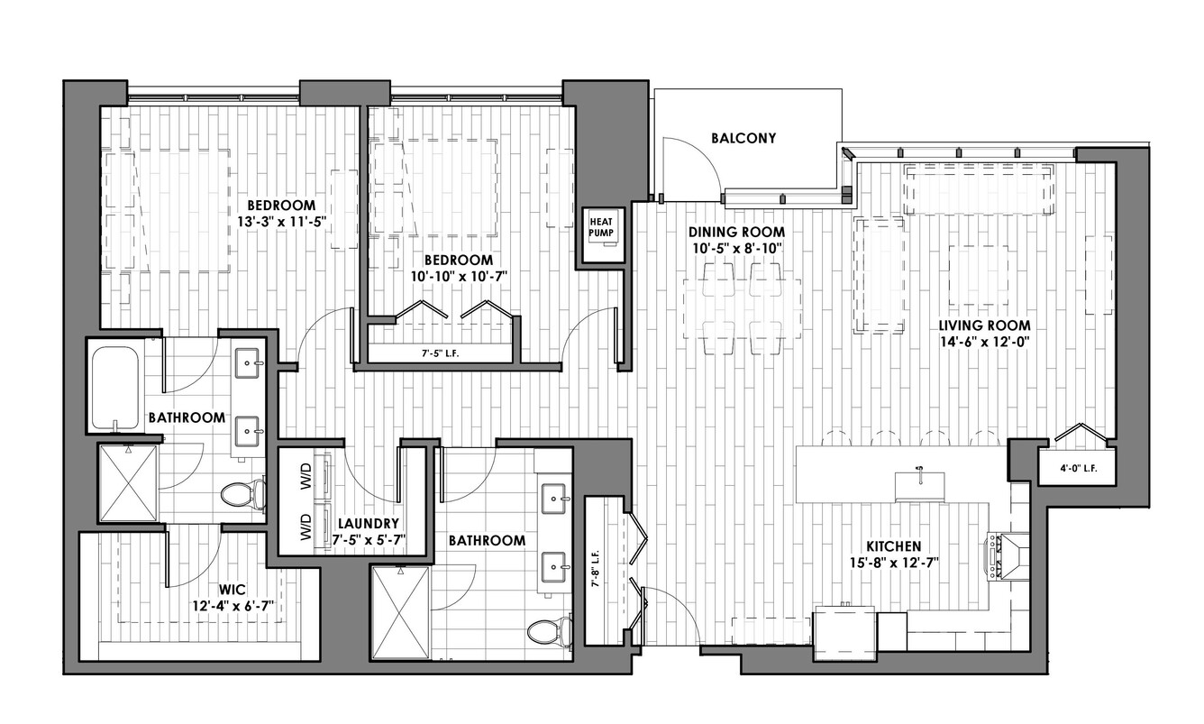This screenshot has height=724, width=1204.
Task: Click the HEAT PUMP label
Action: coord(600,227)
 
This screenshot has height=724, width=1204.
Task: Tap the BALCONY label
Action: coord(743,138)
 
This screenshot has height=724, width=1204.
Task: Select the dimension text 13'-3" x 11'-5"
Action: coord(282,222)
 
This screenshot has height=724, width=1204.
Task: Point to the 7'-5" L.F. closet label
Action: coord(440,353)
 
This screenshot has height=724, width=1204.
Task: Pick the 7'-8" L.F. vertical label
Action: coord(596,570)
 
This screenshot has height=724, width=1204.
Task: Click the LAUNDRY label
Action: coord(369,523)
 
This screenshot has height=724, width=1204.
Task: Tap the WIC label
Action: coord(233,590)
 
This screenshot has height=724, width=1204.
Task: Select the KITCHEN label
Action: coord(894,546)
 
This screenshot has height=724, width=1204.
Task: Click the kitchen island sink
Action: coord(919,486)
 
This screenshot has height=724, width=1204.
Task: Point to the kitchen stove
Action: coord(1007,556)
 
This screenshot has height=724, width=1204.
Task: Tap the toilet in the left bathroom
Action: coord(244,494)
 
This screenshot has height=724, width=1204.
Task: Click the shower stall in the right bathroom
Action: coord(400,611)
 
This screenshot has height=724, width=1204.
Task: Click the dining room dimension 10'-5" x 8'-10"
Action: coord(737,248)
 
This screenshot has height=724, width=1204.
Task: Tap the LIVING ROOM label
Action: coord(985,325)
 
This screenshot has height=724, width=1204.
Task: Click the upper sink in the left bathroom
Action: coord(249,362)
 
